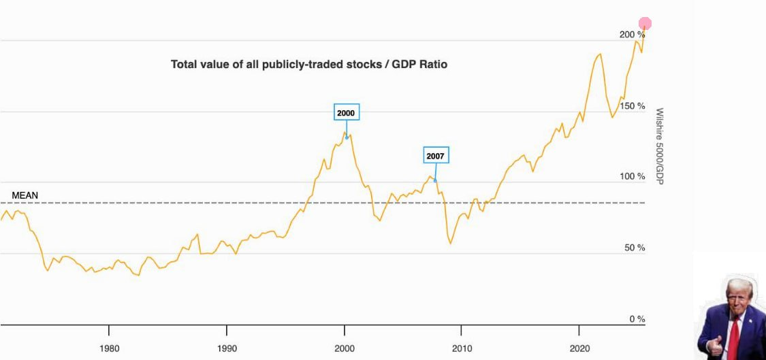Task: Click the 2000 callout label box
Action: point(346,112)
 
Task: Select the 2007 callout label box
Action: point(436,156)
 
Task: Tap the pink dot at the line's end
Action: point(645,24)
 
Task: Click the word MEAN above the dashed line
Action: point(25,195)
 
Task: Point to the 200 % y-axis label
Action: point(631,35)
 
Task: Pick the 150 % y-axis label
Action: point(631,106)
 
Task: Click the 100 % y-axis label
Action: point(631,177)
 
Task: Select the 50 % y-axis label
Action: point(633,248)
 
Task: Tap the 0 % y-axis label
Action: point(636,319)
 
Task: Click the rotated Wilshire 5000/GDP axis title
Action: point(659,146)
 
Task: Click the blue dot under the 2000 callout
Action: point(347,137)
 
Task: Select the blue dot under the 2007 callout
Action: point(436,180)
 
